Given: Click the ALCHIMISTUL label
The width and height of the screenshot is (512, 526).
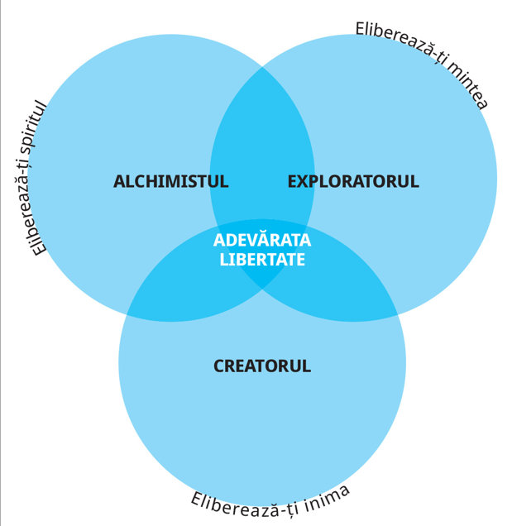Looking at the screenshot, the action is click(x=170, y=181).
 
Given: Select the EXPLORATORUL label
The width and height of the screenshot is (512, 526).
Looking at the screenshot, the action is click(x=353, y=181).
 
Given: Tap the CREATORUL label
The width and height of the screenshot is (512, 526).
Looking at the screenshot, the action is click(x=262, y=366).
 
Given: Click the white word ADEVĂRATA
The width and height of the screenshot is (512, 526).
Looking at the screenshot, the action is click(x=262, y=239).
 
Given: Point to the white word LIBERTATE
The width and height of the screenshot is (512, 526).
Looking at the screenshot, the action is click(x=262, y=260).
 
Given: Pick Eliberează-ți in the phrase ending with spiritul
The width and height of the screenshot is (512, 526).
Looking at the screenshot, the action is click(x=33, y=205).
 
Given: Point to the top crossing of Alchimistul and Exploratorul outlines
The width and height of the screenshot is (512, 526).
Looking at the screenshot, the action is click(x=262, y=67).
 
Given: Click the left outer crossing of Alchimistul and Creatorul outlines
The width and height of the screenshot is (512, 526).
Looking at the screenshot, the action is click(x=127, y=316).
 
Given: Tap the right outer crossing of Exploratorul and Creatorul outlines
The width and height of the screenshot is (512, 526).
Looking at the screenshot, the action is click(x=398, y=316).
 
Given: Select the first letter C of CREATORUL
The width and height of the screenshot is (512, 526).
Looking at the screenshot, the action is click(x=219, y=366).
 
